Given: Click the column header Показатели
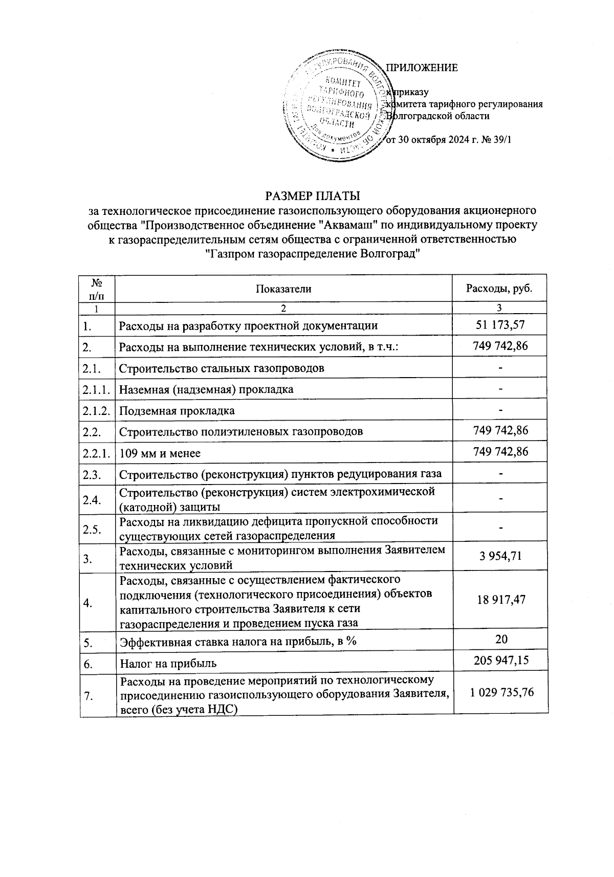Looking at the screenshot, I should [283, 289].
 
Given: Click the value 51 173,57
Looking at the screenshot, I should [500, 325].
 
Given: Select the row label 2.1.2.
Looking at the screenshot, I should [96, 411].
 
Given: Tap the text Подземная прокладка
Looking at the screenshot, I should [177, 411].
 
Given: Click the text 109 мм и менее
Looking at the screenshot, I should [160, 453].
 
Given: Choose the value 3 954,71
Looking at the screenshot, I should [500, 556].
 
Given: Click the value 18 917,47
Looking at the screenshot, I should [500, 600].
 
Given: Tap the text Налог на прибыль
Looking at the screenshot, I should [168, 664].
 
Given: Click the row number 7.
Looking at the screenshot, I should [87, 695].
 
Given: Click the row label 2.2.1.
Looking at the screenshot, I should [96, 453].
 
